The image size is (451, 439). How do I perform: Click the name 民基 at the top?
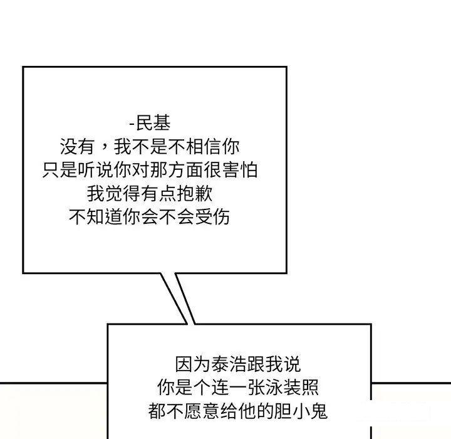click(x=153, y=123)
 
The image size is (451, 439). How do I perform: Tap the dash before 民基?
click(x=132, y=124)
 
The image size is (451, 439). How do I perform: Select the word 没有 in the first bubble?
click(x=78, y=147)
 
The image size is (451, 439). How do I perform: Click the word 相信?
click(x=204, y=147)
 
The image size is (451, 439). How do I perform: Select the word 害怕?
click(x=240, y=170)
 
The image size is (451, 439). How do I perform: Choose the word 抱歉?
click(x=195, y=193)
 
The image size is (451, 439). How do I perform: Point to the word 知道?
click(x=105, y=216)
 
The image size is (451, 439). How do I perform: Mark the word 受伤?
click(x=212, y=216)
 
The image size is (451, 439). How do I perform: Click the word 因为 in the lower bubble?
click(x=193, y=364)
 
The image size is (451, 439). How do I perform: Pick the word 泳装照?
click(x=292, y=388)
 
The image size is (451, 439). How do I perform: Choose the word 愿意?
click(x=202, y=411)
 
